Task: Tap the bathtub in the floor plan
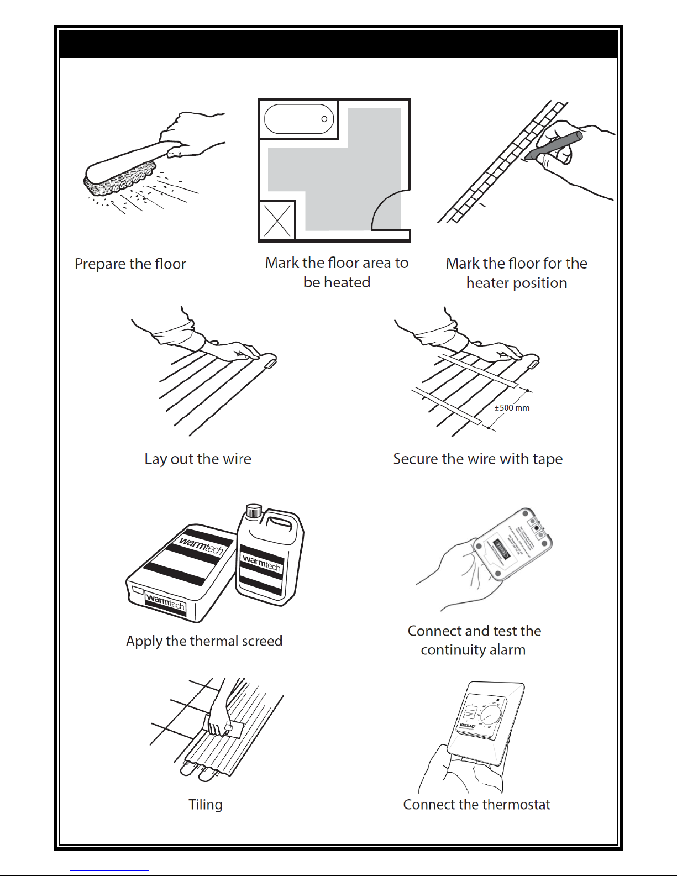coord(299,119)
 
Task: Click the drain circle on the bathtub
coord(324,119)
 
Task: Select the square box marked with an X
coord(277,221)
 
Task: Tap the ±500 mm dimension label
coord(512,408)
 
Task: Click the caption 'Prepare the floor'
coord(130,264)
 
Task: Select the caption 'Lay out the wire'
coord(198,459)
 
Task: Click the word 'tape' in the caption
coord(547,459)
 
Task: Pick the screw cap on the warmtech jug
coord(254,510)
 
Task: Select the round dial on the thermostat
coord(491,716)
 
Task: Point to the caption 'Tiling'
coord(205,805)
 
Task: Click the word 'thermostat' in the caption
coord(516,805)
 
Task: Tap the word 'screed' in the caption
coord(260,641)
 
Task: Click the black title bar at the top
coord(338,44)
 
